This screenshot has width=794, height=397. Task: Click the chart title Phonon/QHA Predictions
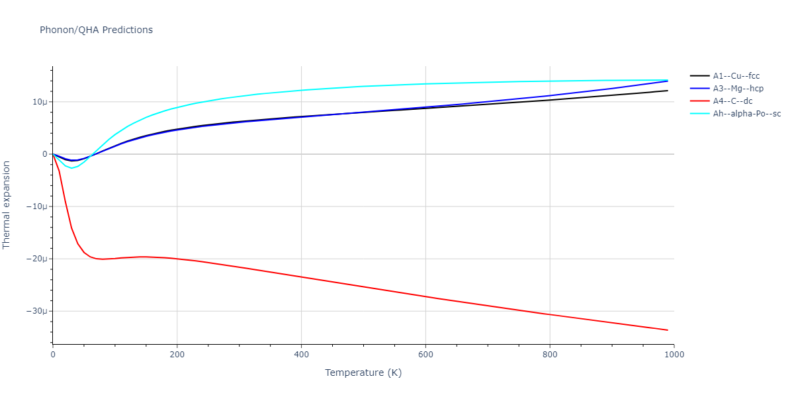pos(96,30)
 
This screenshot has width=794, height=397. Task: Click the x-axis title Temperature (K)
pos(363,373)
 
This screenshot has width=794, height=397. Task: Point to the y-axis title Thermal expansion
pos(7,204)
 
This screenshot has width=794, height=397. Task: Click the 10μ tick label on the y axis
pos(39,102)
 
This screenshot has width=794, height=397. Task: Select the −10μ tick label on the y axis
pos(36,206)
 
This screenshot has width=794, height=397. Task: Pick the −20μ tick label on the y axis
pos(36,259)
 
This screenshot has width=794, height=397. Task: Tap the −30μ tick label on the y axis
pos(36,311)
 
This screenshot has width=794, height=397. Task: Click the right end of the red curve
pos(668,330)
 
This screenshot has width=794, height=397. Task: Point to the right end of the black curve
pos(668,91)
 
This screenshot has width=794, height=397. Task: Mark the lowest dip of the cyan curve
pos(71,168)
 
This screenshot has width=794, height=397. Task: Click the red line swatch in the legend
pos(699,101)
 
